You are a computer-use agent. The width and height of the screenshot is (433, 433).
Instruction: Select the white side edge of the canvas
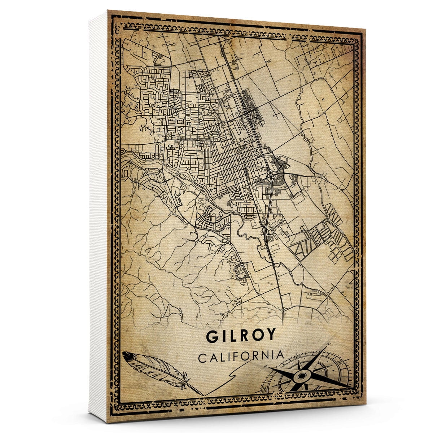click(97, 216)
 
